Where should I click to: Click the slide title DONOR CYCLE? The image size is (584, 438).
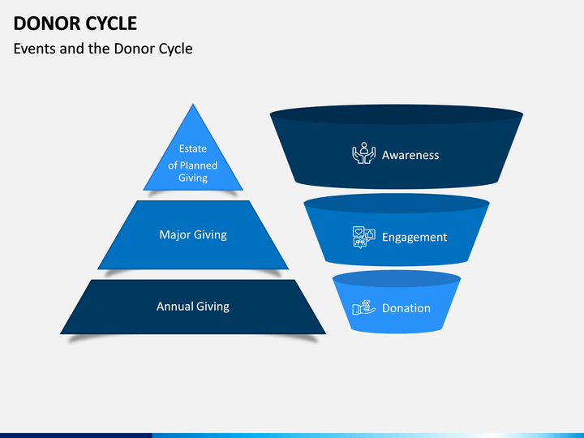tap(75, 23)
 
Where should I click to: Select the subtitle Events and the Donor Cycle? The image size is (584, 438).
tap(103, 49)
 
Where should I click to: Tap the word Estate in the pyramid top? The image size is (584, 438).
tap(193, 148)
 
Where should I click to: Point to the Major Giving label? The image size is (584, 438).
tap(193, 235)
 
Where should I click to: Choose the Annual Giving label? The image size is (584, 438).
tap(193, 307)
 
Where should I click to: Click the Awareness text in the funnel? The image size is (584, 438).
tap(410, 155)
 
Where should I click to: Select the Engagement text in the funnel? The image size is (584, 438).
tap(414, 238)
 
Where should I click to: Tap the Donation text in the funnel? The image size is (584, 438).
tap(406, 308)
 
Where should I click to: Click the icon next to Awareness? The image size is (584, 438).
tap(363, 154)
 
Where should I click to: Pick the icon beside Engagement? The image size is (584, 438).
tap(364, 237)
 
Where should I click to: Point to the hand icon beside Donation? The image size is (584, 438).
tap(363, 308)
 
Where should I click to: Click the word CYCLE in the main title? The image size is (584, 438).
tap(106, 23)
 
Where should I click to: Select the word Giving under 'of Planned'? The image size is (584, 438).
tap(193, 178)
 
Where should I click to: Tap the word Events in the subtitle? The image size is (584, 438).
tap(35, 49)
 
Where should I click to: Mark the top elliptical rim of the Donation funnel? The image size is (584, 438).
tap(397, 279)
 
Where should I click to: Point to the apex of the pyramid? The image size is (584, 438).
tap(193, 106)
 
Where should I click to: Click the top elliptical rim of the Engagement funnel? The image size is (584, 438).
tap(397, 203)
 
